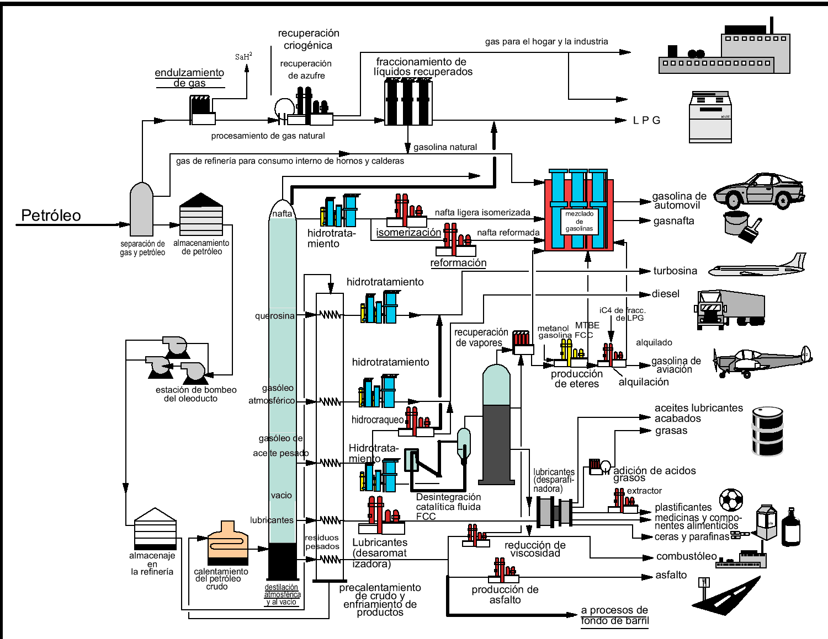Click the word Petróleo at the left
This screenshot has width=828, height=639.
(x=51, y=216)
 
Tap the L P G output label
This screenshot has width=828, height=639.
(x=646, y=120)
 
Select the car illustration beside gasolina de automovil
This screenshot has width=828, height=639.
(x=759, y=190)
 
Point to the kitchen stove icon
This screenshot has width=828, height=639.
(x=710, y=117)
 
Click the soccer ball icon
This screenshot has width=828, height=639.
(x=731, y=500)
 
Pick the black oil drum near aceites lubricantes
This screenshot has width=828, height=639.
(x=767, y=431)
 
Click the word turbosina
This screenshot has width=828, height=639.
(x=675, y=271)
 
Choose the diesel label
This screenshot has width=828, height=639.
(x=665, y=294)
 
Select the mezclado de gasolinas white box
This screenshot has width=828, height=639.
(x=579, y=221)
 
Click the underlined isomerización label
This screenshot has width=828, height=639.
(x=408, y=233)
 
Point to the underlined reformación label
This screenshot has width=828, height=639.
(x=458, y=263)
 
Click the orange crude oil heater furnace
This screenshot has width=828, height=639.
(x=228, y=543)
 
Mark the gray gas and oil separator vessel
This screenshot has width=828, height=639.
(x=142, y=210)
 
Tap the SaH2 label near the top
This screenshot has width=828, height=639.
(x=243, y=56)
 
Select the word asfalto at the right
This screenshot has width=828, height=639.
(x=671, y=575)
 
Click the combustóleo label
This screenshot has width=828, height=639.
(x=686, y=556)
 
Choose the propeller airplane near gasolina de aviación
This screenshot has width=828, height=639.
(x=762, y=361)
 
